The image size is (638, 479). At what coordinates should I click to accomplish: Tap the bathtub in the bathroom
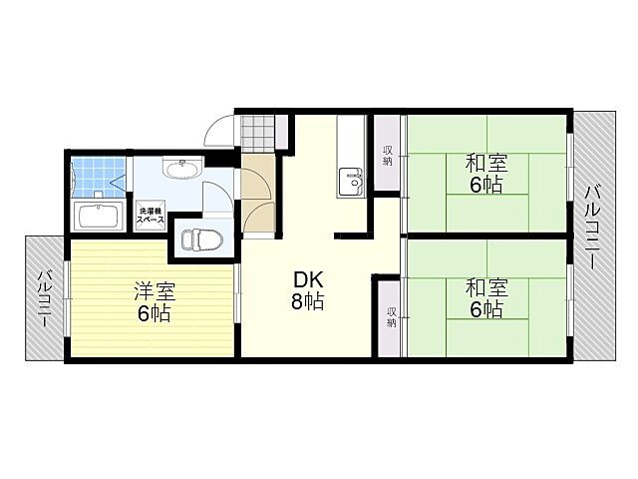(x=98, y=217)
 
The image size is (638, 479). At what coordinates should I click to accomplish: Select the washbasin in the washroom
(x=180, y=169)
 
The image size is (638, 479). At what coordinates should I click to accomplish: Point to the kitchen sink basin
(x=353, y=181)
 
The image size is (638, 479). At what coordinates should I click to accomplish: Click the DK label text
(x=306, y=279)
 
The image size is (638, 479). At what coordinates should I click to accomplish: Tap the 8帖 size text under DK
(x=306, y=301)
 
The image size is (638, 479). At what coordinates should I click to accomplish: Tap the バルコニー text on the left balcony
(x=45, y=299)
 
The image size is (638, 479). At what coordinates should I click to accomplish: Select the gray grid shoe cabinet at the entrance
(x=258, y=131)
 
